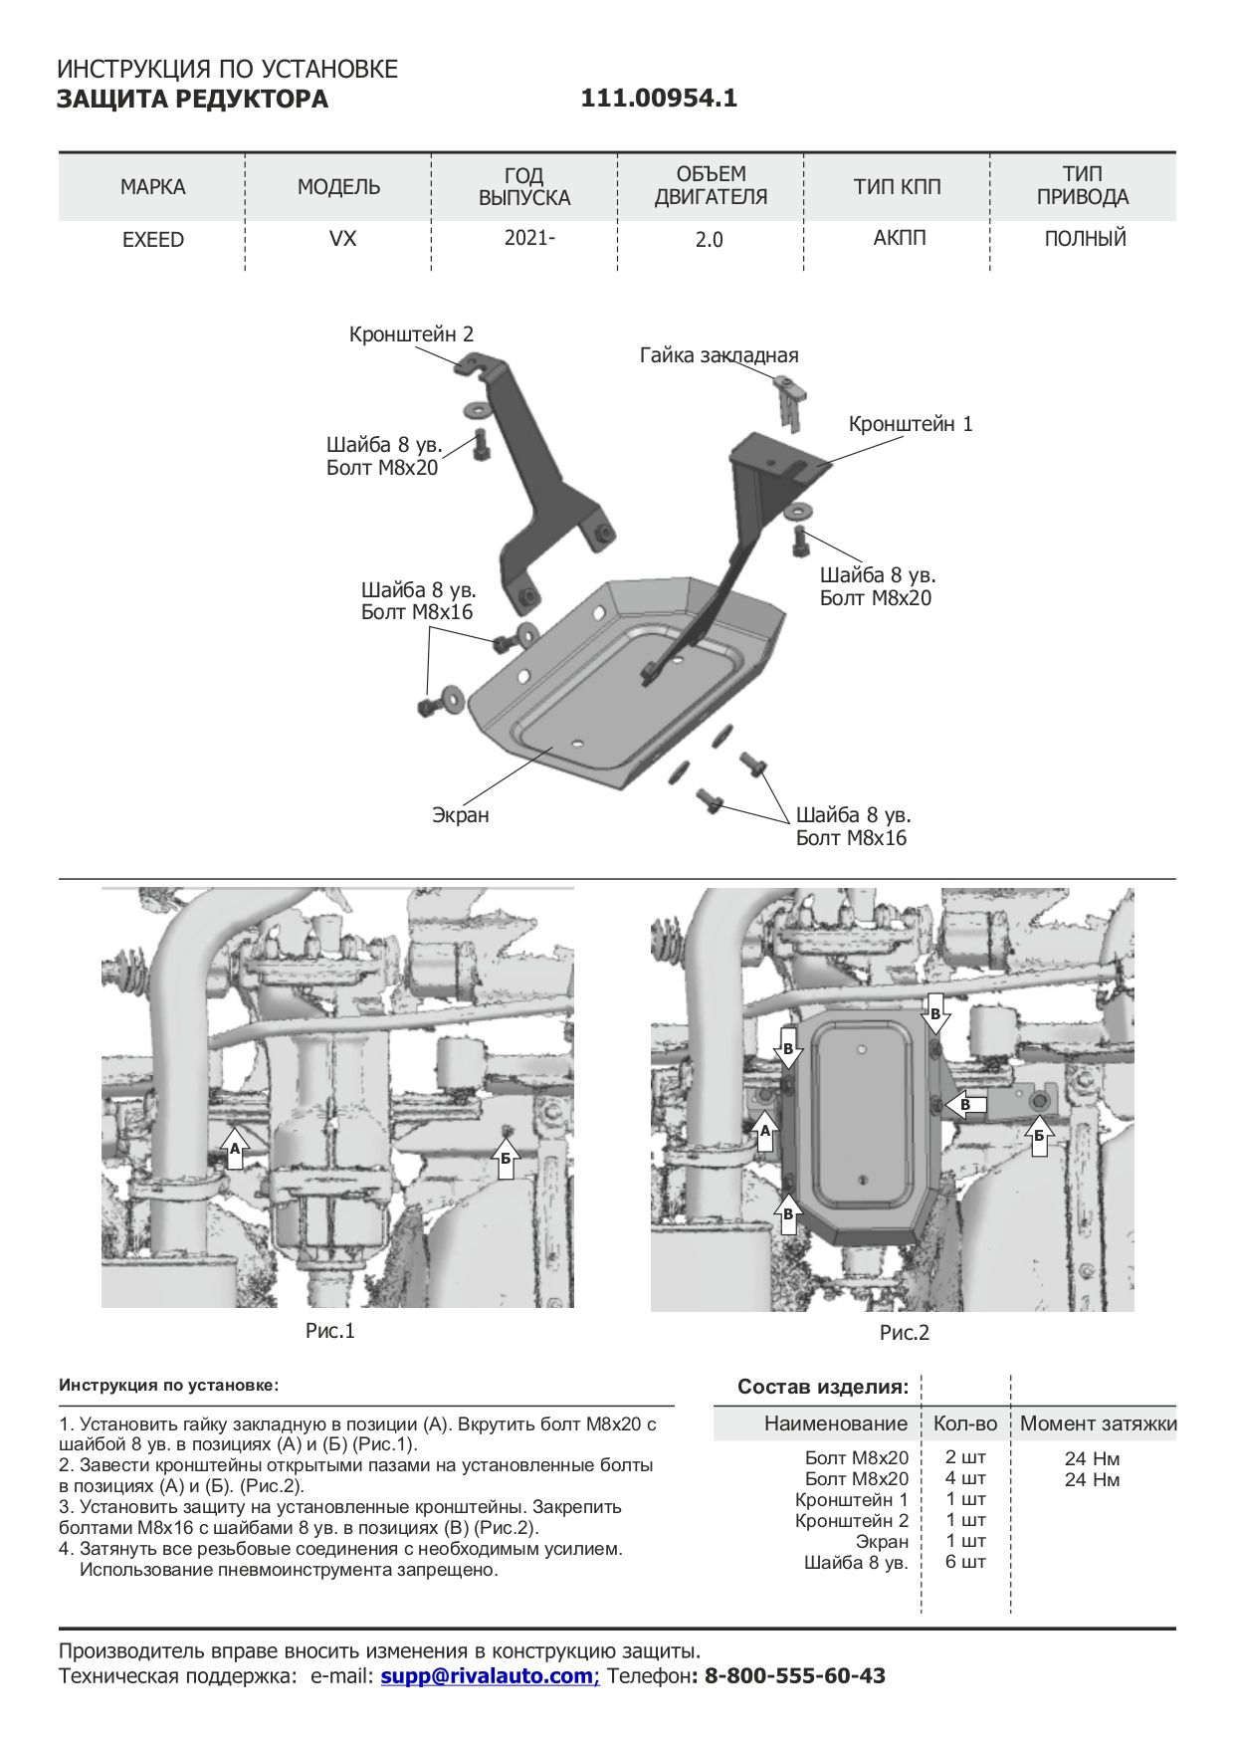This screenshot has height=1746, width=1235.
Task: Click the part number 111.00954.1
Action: (x=659, y=99)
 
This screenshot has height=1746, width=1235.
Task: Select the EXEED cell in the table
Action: (x=153, y=240)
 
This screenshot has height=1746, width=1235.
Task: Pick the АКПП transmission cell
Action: (x=899, y=239)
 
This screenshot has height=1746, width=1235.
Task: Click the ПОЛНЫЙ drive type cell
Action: (x=1085, y=239)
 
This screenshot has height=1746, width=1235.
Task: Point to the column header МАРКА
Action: (x=153, y=187)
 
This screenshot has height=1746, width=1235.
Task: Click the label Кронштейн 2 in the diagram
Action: (x=411, y=334)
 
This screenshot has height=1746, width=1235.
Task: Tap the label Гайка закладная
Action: (x=719, y=355)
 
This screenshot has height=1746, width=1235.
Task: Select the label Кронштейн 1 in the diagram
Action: (x=911, y=424)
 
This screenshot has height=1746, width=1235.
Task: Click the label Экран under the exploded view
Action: (x=461, y=815)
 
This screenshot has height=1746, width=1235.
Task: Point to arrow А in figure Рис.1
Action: (x=235, y=1146)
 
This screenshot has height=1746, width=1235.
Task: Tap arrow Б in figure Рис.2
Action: (x=1040, y=1134)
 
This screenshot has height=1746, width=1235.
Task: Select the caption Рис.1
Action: (x=330, y=1331)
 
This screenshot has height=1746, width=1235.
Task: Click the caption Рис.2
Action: (x=905, y=1333)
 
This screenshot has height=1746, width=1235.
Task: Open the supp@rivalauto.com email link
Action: (x=488, y=1675)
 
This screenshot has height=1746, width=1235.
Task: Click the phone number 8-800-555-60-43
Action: (x=794, y=1675)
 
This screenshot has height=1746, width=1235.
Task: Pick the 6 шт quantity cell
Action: (x=965, y=1562)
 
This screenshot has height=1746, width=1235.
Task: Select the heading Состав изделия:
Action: (x=823, y=1387)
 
